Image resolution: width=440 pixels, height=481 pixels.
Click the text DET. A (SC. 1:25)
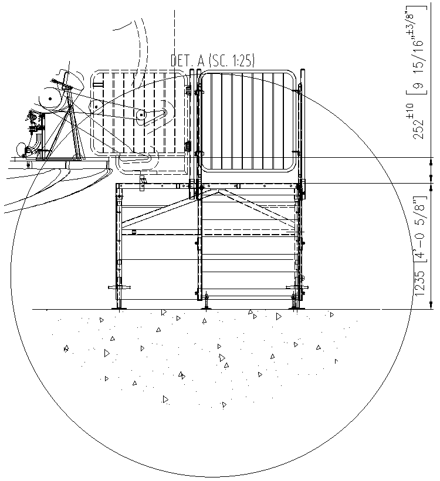tap(212, 60)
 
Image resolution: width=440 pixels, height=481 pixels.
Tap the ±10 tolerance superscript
tap(409, 110)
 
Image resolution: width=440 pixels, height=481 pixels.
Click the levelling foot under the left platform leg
tap(119, 306)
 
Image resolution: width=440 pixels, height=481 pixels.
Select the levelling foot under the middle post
tap(205, 306)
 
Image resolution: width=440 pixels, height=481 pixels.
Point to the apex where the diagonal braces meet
tap(219, 190)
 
